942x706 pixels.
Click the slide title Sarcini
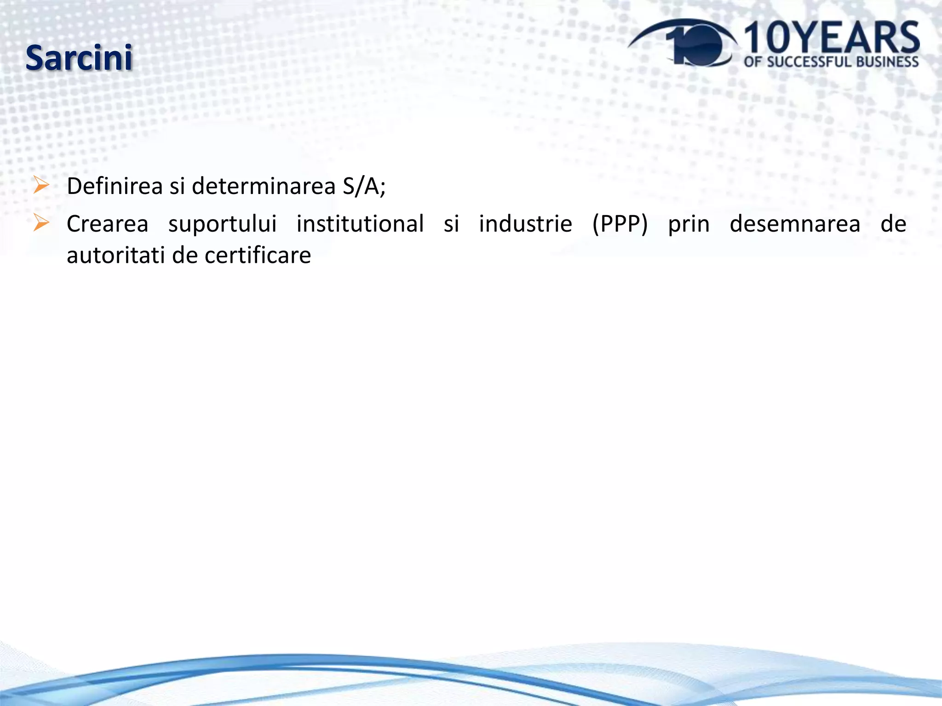click(79, 58)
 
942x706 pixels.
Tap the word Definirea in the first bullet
click(115, 187)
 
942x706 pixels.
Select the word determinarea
click(264, 187)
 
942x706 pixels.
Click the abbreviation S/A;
click(364, 187)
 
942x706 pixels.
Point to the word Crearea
click(107, 224)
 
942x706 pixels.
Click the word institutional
click(360, 224)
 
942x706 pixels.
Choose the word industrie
click(525, 224)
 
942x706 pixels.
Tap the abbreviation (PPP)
click(620, 224)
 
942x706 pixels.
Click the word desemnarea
click(795, 224)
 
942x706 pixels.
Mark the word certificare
click(258, 256)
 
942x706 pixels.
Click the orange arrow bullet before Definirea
click(41, 186)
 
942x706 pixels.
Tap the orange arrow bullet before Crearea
click(41, 223)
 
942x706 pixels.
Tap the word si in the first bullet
click(177, 187)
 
